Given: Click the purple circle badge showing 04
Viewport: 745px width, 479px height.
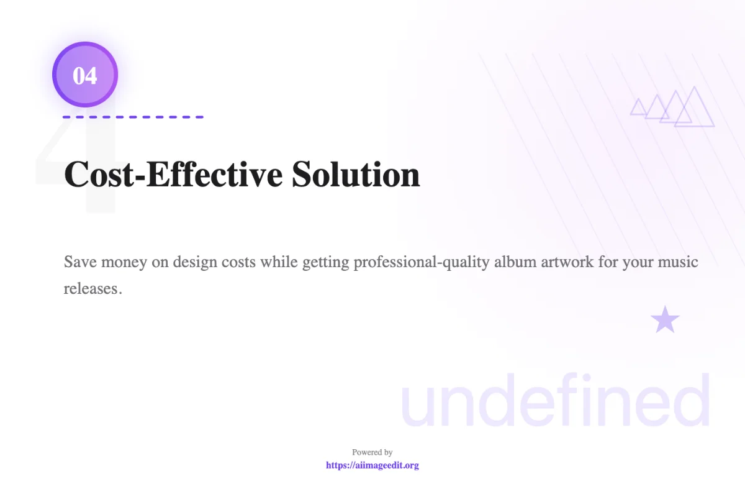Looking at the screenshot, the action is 85,75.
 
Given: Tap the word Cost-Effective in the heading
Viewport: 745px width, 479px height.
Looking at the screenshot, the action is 173,175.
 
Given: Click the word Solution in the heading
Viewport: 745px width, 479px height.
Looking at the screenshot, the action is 356,175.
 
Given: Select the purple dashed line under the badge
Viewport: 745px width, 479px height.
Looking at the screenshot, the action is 133,117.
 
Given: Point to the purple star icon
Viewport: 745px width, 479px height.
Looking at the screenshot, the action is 665,320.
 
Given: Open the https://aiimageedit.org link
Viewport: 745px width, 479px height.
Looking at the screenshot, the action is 372,465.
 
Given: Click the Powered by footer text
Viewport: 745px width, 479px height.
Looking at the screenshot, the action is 372,452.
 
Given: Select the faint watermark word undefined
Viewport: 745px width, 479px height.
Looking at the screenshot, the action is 556,399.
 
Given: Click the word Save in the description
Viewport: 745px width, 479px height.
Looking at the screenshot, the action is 80,262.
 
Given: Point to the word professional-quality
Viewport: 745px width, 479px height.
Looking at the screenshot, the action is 422,262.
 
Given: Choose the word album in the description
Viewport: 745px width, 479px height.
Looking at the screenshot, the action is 515,262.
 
